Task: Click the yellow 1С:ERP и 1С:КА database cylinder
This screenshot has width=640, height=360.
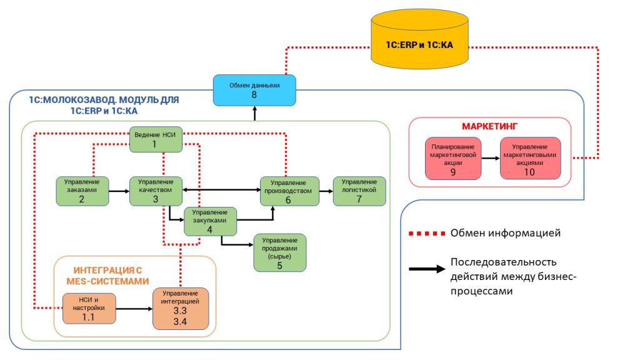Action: [419, 39]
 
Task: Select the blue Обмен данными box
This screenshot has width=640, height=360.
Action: [254, 90]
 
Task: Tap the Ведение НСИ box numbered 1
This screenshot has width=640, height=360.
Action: [156, 139]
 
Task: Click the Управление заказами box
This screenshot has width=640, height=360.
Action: [82, 191]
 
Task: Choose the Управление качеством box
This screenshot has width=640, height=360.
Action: [156, 191]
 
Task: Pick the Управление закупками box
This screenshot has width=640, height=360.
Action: [210, 222]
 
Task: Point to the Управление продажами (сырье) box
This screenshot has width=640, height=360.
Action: [279, 252]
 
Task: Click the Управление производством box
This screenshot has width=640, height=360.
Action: [289, 191]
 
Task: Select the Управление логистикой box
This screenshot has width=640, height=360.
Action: [359, 191]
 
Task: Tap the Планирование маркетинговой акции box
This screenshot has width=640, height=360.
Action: [453, 158]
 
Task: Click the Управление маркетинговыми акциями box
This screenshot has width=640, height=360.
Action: [530, 158]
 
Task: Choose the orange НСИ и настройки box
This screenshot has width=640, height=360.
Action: [89, 309]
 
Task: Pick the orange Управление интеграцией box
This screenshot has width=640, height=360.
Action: [181, 309]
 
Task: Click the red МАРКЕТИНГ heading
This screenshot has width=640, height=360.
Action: [489, 126]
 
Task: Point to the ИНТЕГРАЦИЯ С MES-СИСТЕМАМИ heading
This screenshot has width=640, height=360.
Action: [107, 276]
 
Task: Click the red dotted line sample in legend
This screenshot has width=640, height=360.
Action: [426, 234]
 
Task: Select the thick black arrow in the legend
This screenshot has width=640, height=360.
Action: [427, 269]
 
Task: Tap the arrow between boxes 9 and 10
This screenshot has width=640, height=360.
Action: [491, 158]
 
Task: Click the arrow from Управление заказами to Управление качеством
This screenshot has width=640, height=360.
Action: [119, 191]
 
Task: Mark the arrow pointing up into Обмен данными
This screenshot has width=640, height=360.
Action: [255, 114]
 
